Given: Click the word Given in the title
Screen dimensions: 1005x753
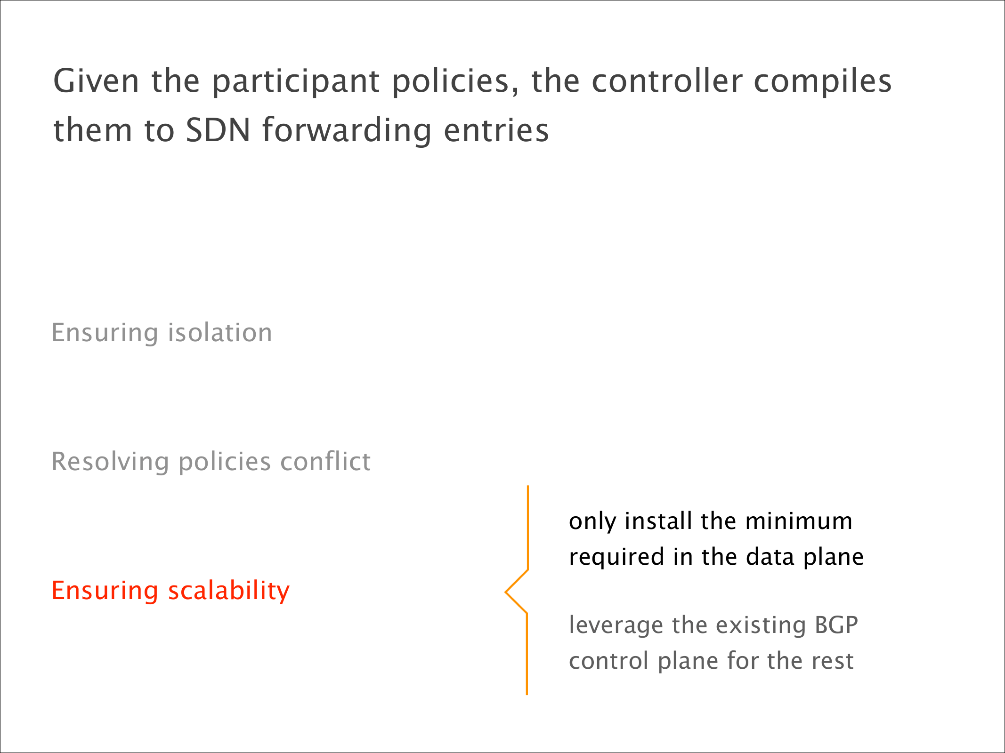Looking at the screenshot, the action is click(96, 81).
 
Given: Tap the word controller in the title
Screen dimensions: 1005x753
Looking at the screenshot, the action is click(667, 81).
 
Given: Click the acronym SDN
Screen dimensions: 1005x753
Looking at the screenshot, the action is click(218, 130).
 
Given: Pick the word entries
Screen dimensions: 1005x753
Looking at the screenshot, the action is click(496, 130).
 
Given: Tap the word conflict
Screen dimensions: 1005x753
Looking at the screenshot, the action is click(325, 461).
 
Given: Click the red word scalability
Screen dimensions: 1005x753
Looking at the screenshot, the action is click(229, 592).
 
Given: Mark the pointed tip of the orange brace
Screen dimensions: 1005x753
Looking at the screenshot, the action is click(505, 592).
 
